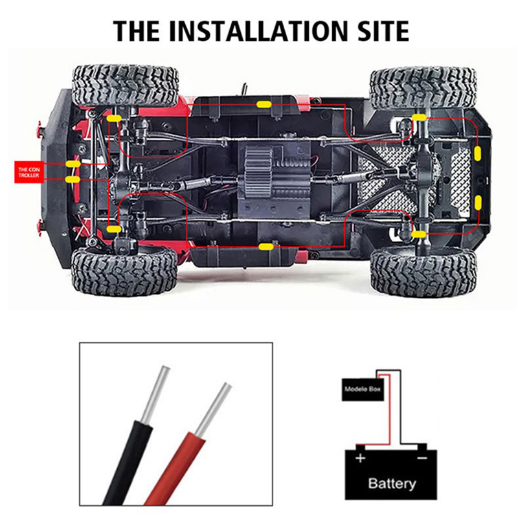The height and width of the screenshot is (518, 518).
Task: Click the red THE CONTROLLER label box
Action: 28,172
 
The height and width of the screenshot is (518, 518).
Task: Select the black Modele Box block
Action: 363,389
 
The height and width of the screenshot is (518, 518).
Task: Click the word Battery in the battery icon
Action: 392,483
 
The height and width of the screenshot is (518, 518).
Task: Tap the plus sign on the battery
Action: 360,458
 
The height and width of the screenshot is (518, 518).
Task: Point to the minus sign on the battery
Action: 422,458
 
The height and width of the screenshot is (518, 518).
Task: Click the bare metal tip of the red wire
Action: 213,409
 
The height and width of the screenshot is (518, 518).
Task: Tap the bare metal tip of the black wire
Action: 156,395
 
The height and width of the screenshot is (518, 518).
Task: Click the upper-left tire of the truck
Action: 125,85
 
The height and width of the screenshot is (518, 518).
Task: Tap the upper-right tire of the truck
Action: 423,87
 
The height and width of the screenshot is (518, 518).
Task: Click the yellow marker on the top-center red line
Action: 264,105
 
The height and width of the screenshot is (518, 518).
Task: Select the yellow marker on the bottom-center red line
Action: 266,247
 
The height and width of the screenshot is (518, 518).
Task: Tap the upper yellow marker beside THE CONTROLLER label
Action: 73,164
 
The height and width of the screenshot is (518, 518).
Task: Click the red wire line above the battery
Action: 390,410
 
